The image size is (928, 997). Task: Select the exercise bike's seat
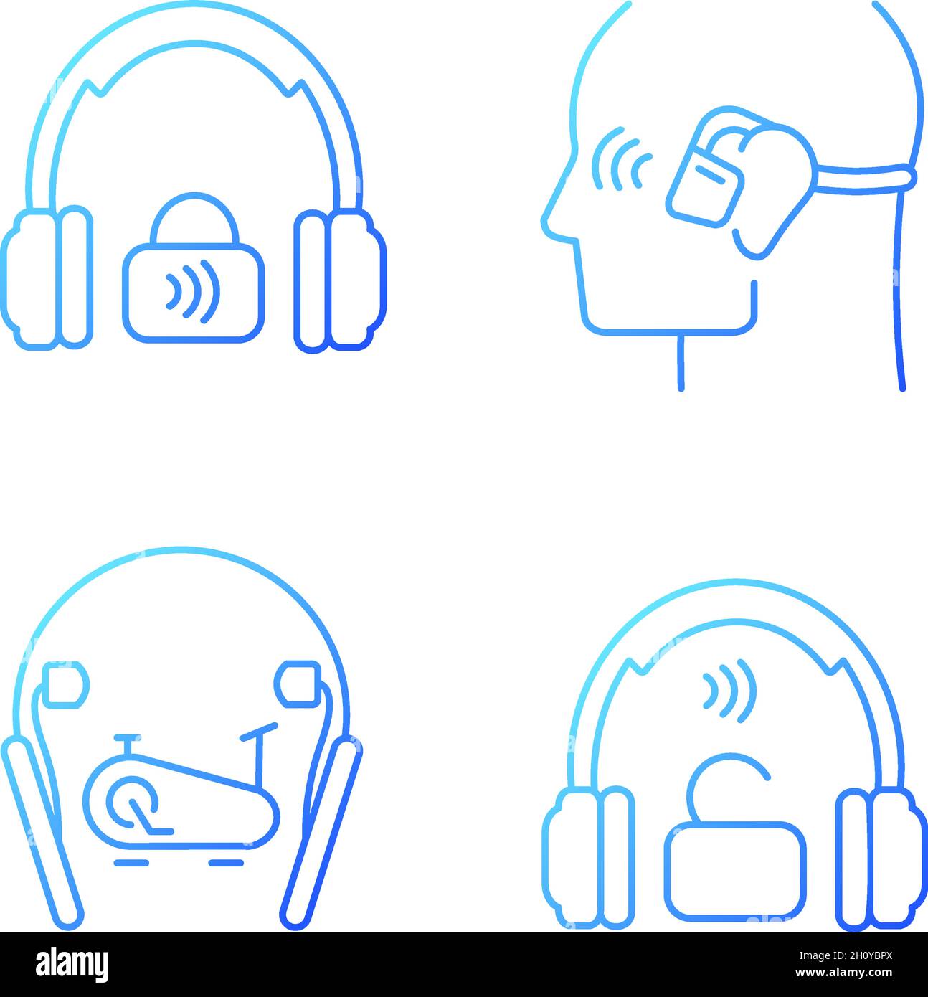tap(127, 738)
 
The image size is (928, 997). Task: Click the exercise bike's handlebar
tap(259, 730)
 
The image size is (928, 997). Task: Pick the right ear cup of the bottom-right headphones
tap(880, 857)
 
